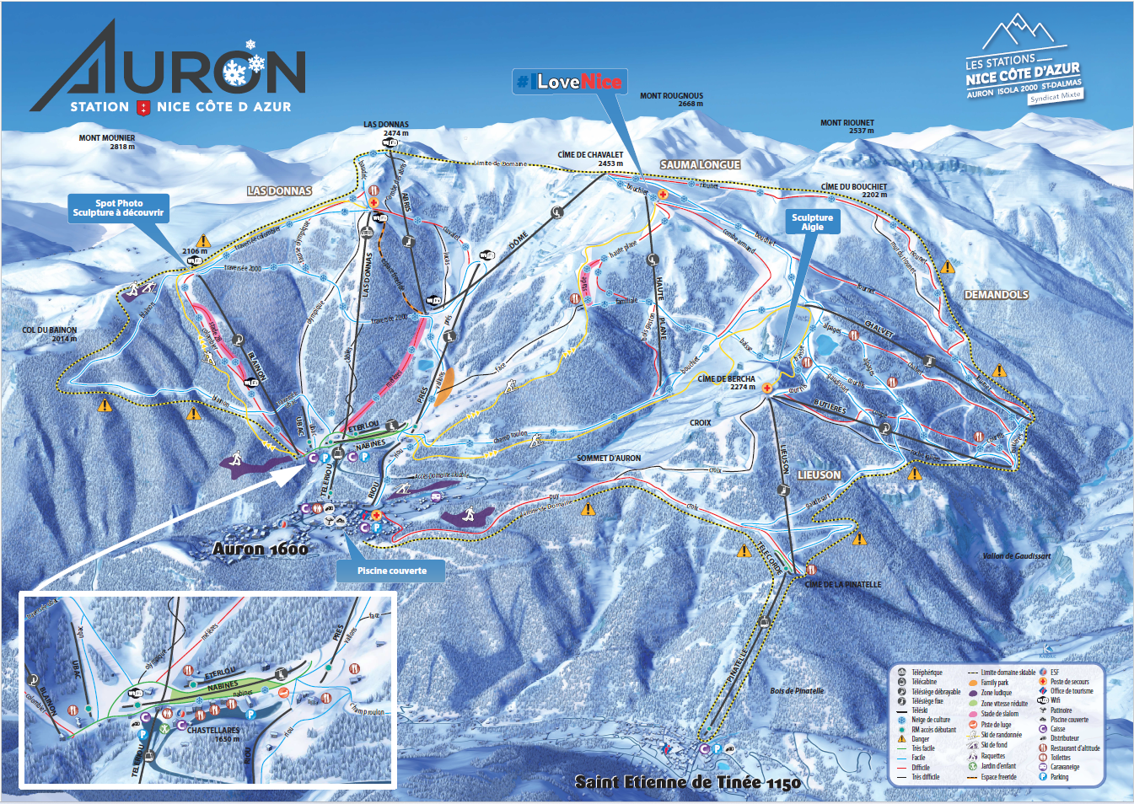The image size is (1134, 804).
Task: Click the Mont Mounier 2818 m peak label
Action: point(106,142)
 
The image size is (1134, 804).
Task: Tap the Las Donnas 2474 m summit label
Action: point(386,128)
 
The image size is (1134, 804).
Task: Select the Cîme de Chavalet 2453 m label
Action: point(590,158)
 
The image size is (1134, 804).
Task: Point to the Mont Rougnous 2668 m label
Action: point(671,99)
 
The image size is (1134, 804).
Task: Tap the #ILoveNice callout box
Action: point(569,82)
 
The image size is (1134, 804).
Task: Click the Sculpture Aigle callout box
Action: point(812,222)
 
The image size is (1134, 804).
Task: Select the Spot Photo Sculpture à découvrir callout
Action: point(118,208)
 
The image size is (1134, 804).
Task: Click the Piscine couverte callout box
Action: point(391,571)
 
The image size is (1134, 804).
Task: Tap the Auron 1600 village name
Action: point(260,549)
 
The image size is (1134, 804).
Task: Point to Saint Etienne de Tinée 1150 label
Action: point(687,782)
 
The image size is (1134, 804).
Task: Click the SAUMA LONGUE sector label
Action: point(700,165)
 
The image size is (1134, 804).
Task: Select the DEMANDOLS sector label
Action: point(996,295)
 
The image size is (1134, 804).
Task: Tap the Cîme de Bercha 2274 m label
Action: point(726,383)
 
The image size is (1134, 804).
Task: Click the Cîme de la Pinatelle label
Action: point(843,584)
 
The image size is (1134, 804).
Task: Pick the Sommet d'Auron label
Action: point(609,458)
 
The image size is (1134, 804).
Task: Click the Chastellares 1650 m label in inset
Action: point(212,734)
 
